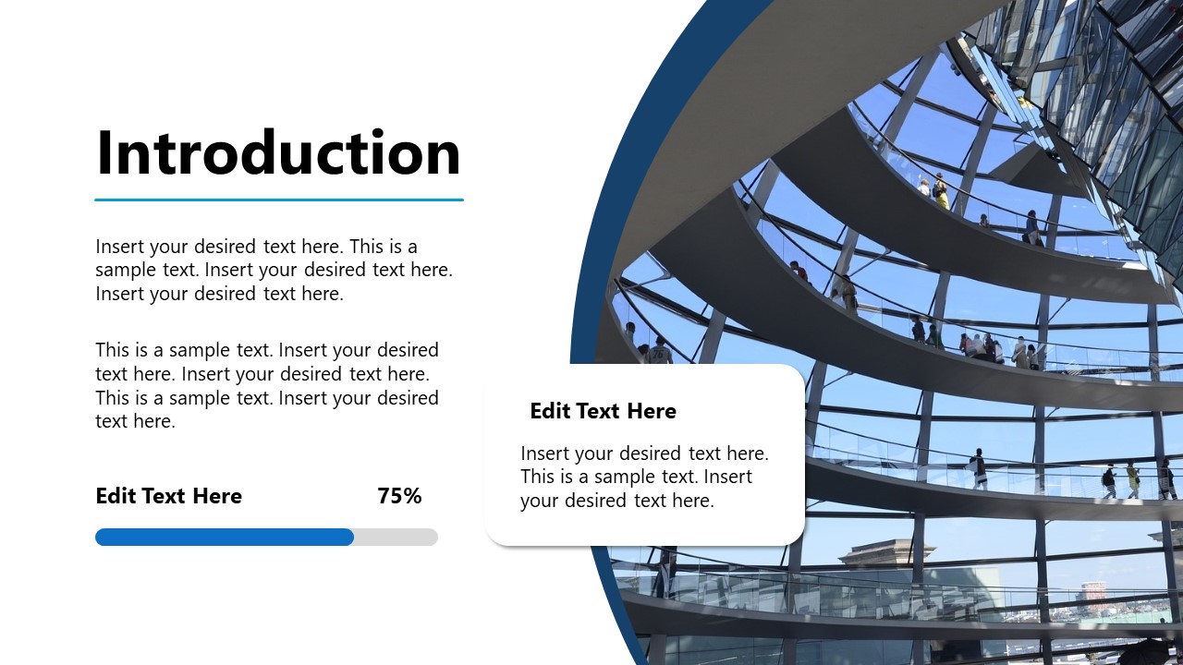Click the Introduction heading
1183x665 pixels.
[278, 153]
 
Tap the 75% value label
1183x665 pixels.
[399, 496]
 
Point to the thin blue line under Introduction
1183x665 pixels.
[278, 199]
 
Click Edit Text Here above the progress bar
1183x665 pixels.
[168, 496]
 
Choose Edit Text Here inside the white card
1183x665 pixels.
[603, 411]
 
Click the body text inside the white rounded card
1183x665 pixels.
[644, 477]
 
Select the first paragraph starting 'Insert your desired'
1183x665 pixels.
[274, 270]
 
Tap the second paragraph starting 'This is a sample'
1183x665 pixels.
[267, 385]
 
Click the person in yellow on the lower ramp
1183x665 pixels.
[1132, 479]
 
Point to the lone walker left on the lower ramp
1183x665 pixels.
[978, 467]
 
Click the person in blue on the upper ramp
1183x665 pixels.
[1031, 227]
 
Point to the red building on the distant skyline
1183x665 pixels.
[1094, 592]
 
